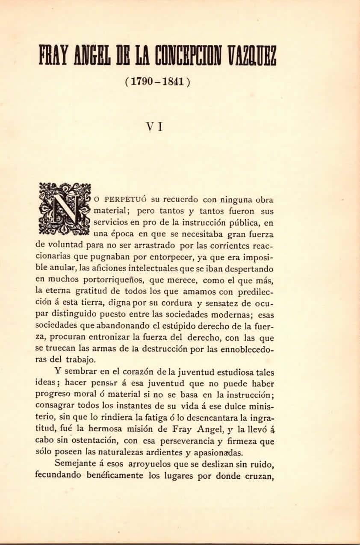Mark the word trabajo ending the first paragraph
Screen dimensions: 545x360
point(81,360)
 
